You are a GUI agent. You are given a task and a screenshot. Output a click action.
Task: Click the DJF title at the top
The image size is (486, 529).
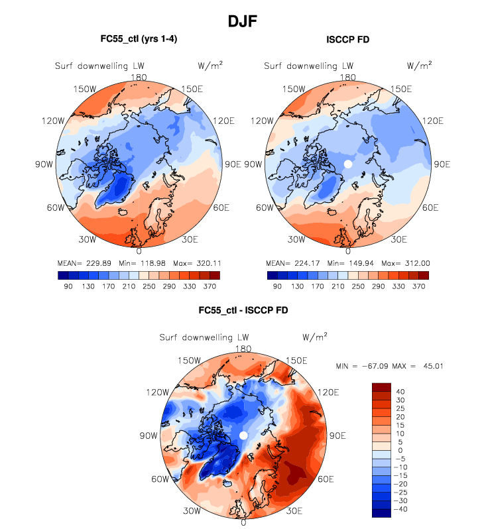243,21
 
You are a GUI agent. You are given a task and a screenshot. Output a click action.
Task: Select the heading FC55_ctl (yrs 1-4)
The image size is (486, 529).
138,39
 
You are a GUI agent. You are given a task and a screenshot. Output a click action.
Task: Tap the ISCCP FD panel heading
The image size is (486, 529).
347,40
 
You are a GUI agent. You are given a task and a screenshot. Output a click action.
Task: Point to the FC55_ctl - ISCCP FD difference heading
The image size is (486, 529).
243,310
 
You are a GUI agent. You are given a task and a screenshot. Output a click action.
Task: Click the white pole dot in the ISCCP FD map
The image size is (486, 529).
347,164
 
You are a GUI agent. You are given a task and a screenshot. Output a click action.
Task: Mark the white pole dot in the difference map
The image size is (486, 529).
243,435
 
